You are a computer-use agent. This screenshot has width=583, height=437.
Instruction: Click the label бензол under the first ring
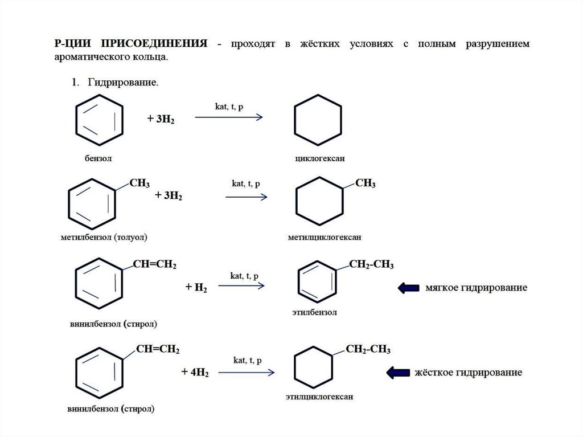[98, 158]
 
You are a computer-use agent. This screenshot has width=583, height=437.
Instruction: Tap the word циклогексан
[319, 158]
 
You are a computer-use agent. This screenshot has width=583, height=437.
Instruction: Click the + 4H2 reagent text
[195, 373]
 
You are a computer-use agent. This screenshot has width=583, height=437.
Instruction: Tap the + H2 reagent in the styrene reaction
[196, 288]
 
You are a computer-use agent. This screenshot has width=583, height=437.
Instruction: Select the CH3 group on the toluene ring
[139, 183]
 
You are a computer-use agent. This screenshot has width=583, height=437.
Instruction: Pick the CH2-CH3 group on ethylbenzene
[371, 265]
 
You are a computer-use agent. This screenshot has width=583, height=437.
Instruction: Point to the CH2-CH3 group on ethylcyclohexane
[368, 349]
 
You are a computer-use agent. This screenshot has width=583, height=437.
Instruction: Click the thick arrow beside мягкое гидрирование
[408, 288]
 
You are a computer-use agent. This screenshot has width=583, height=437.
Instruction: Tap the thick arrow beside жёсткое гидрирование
[398, 373]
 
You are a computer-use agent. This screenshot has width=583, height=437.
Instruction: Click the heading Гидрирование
[122, 83]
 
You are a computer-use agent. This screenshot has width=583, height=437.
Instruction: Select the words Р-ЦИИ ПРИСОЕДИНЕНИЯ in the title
[130, 44]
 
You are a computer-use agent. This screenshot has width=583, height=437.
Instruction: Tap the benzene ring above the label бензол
[100, 119]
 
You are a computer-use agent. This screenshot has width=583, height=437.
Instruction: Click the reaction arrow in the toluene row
[246, 197]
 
